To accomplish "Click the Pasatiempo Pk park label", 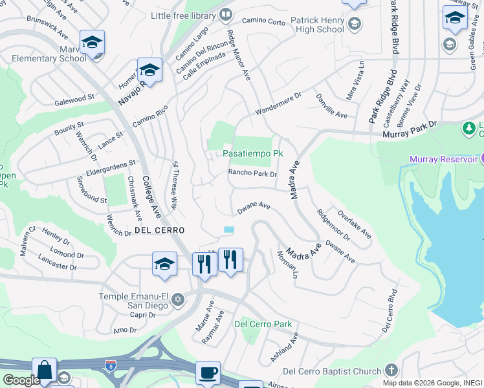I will click(253, 154).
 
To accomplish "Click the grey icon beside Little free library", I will click(225, 14).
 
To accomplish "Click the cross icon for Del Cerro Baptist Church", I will click(390, 371).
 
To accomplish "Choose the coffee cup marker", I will click(208, 373).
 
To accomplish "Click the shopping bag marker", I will click(44, 371).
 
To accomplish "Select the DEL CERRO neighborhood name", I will click(160, 230).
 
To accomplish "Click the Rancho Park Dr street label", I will click(252, 173).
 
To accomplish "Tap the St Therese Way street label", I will click(173, 186).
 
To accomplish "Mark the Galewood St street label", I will click(74, 99).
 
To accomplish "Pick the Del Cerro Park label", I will click(263, 324).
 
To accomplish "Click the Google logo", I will click(21, 380).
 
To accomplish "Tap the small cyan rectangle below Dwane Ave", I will click(229, 230).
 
